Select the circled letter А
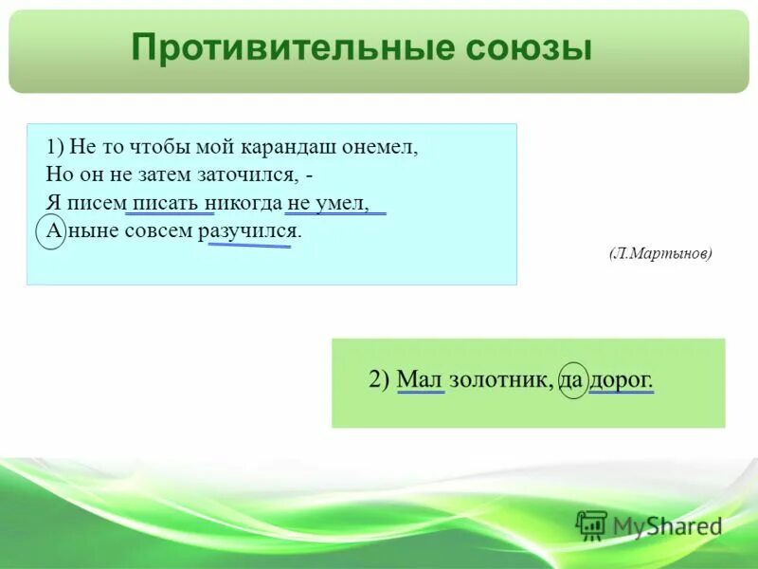tap(51, 230)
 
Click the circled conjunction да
tap(573, 380)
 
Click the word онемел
tap(384, 148)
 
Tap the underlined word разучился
tap(250, 230)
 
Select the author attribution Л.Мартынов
tap(659, 254)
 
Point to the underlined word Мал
tap(421, 380)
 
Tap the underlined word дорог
tap(622, 380)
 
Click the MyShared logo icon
tap(591, 525)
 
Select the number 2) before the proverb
tap(379, 380)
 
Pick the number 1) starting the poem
tap(53, 148)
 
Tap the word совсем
tap(160, 230)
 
